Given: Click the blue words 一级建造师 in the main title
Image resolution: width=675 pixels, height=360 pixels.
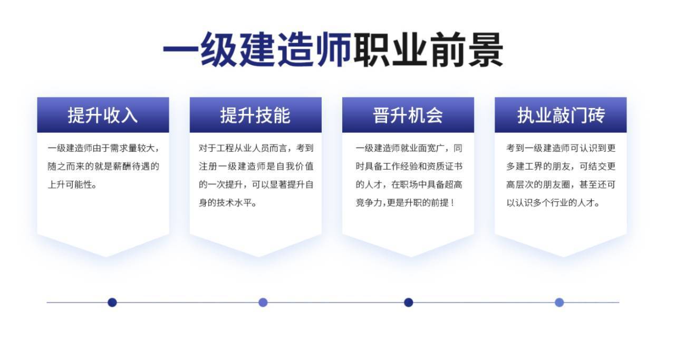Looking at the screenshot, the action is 257,50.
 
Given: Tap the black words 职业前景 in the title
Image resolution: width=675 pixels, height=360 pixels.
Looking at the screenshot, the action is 428,50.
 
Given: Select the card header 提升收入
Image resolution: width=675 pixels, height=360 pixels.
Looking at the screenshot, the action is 103,115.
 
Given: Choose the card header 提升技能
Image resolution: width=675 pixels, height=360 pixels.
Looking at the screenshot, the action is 255,115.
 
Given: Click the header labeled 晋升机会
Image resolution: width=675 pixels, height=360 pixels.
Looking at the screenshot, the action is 408,115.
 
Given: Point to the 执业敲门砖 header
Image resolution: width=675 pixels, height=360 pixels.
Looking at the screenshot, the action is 561,115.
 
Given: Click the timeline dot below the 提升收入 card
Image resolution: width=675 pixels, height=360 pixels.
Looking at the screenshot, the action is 112,302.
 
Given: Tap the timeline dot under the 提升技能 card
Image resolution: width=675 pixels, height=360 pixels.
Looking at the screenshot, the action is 263,302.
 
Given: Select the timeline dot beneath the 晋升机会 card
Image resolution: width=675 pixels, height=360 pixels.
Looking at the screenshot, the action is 408,302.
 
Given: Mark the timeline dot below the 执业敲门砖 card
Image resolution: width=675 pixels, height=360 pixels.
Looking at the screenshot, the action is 560,302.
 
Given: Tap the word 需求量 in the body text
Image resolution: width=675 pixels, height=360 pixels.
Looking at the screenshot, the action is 123,148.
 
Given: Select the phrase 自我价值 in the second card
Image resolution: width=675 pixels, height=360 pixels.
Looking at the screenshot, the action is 295,166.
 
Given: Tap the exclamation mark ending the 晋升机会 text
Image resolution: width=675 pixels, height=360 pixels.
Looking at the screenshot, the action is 452,203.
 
